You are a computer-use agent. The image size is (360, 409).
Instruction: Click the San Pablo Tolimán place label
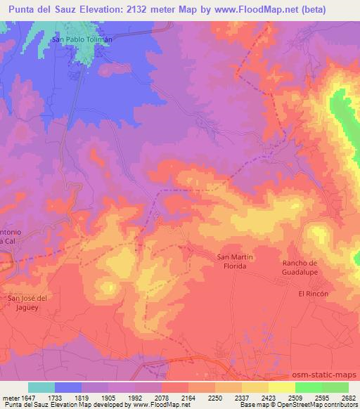click(82, 40)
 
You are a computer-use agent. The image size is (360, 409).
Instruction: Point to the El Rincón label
click(314, 293)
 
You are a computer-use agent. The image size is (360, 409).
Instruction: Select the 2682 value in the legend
click(348, 397)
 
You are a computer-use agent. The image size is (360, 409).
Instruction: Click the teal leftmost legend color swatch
click(41, 387)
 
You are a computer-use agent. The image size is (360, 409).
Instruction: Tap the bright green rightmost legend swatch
click(335, 387)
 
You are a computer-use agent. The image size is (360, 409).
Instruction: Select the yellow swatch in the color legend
click(255, 387)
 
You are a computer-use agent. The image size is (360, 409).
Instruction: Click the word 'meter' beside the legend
click(11, 397)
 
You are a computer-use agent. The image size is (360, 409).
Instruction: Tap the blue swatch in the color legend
click(68, 387)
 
